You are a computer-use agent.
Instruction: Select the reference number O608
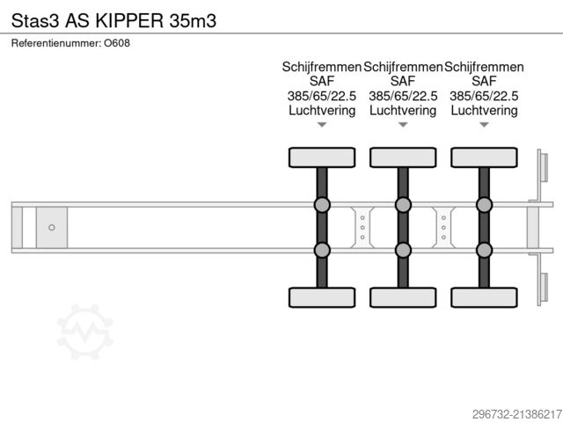tap(117, 42)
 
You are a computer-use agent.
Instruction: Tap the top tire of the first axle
tap(322, 157)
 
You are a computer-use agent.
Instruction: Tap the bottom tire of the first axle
tap(322, 297)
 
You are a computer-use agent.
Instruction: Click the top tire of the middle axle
tap(403, 157)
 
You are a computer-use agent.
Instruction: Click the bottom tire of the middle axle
tap(403, 297)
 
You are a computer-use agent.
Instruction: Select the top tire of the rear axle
tap(484, 157)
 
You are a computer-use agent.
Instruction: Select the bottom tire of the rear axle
tap(484, 297)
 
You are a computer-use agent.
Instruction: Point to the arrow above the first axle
tap(322, 125)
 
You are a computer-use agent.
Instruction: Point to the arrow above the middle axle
tap(403, 125)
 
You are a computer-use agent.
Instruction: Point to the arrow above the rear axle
tap(484, 125)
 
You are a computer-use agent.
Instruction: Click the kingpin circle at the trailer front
tap(52, 228)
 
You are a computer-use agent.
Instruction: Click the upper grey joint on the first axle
tap(322, 206)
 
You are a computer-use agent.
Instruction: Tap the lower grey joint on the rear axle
tap(484, 250)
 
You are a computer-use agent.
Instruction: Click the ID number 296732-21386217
tap(505, 411)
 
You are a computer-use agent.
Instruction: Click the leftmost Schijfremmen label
tap(321, 67)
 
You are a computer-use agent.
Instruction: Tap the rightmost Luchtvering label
tap(484, 111)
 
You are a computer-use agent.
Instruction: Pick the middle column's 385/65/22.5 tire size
tap(403, 96)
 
